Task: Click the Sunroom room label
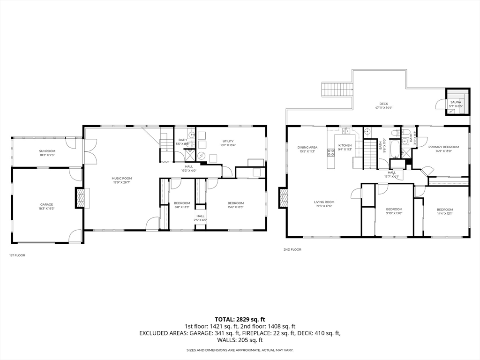[x=47, y=150]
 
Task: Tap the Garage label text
[x=46, y=204]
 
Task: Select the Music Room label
[x=121, y=178]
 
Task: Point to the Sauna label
[x=456, y=102]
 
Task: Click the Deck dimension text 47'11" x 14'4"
[x=383, y=108]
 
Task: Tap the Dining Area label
[x=307, y=147]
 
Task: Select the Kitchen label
[x=345, y=145]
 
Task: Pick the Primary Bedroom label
[x=443, y=147]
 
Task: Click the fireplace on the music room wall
[x=81, y=198]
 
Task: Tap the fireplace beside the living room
[x=283, y=197]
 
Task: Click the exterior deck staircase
[x=336, y=89]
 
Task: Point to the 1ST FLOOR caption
[x=17, y=255]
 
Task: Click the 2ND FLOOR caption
[x=292, y=249]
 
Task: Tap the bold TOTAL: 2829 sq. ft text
[x=240, y=319]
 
